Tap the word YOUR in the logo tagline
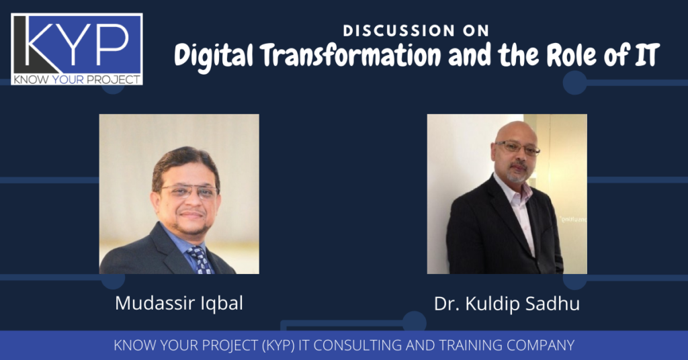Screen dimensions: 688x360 [68, 79]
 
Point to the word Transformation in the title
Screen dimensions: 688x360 [351, 56]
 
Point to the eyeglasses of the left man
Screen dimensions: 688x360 [188, 191]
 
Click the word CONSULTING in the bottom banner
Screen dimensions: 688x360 [358, 345]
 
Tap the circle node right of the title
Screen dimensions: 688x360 [575, 83]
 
